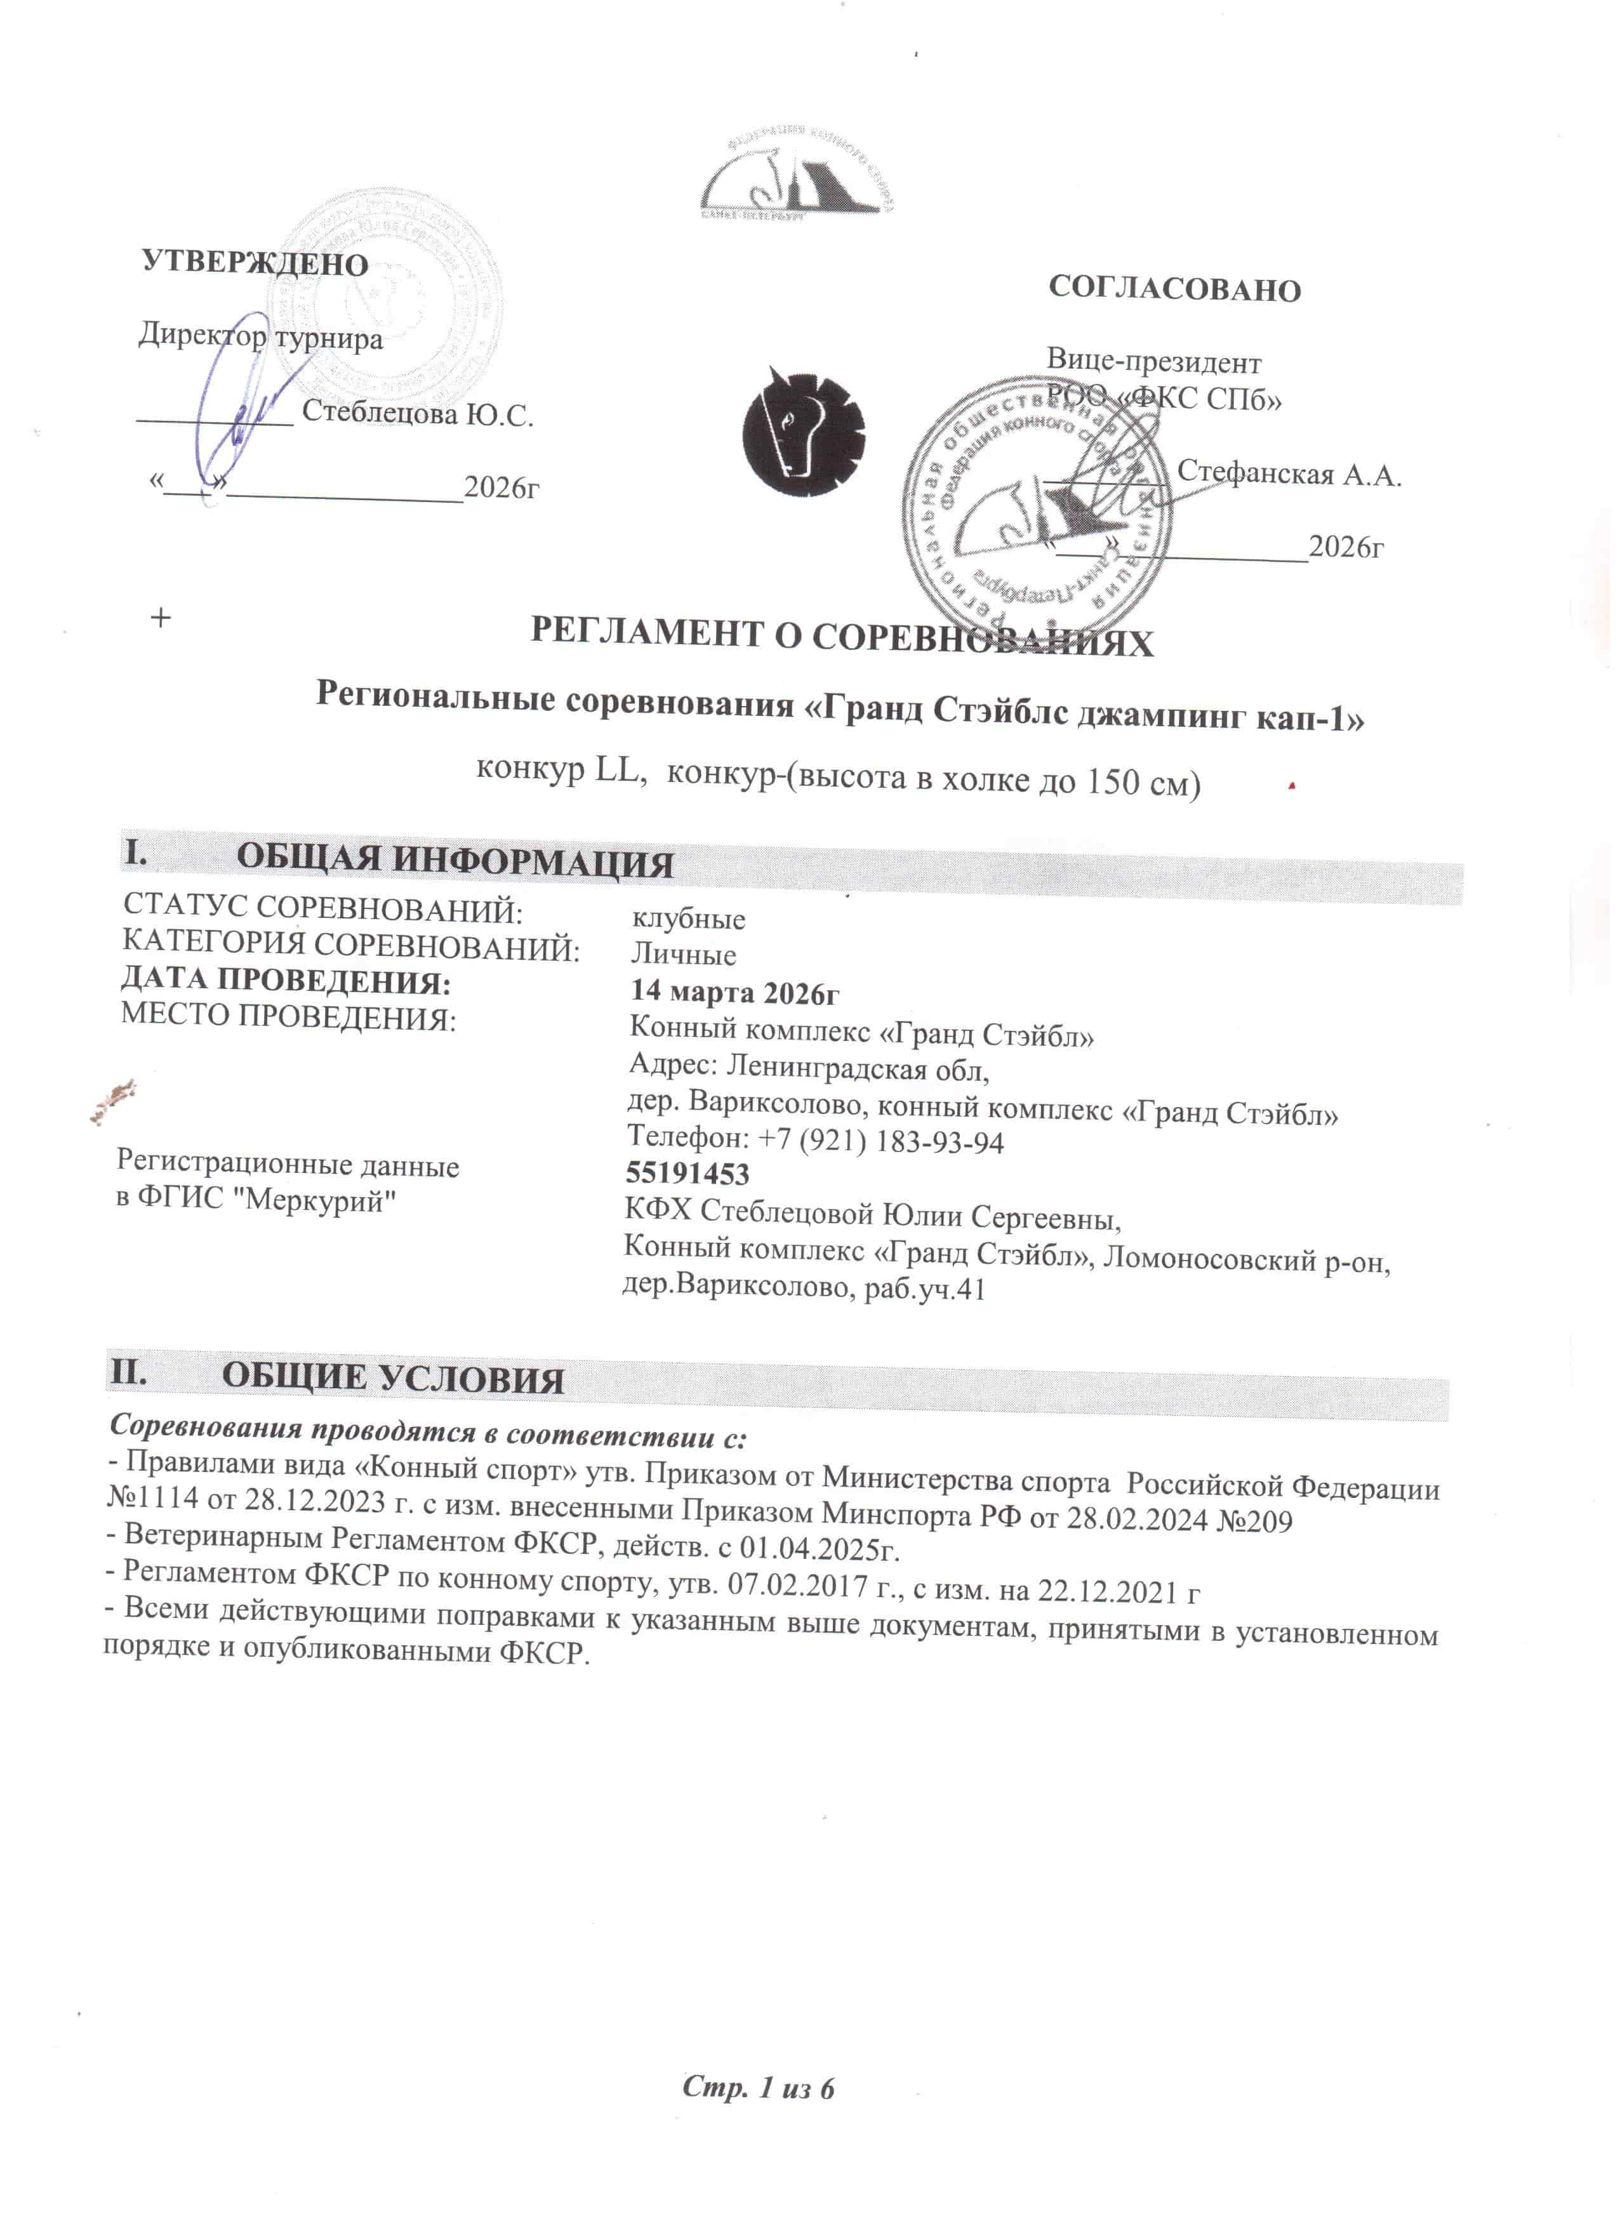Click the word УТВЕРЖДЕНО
[x=255, y=263]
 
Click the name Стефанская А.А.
[x=1289, y=475]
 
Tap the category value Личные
[x=683, y=955]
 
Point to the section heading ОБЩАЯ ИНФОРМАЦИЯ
[x=455, y=861]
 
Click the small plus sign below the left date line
[x=160, y=618]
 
